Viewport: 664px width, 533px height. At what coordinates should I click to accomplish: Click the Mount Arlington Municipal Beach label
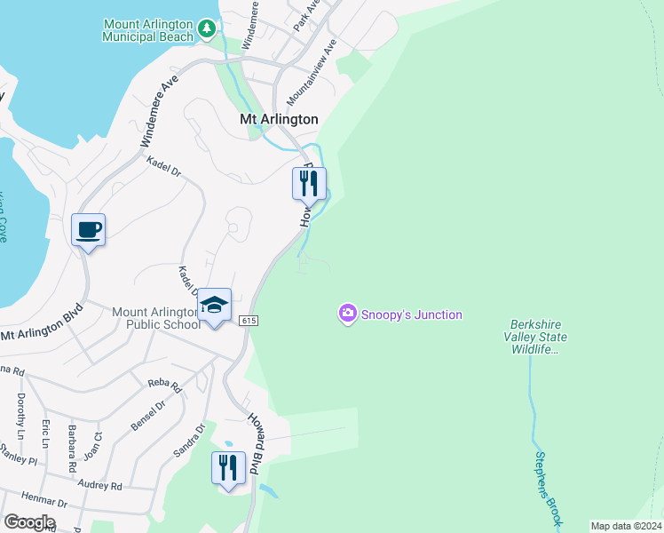pos(147,30)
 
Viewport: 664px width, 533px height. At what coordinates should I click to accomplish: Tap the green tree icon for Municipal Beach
pos(208,29)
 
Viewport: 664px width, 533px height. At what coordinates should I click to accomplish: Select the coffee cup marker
pos(89,230)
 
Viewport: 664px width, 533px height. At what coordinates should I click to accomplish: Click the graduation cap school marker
pos(214,306)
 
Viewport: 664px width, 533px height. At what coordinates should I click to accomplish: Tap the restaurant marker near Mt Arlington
pos(309,184)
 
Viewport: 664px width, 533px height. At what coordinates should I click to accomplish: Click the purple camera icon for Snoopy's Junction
pos(347,314)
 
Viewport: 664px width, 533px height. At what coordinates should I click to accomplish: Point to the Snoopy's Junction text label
pos(412,314)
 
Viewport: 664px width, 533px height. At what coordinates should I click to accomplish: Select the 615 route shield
pos(248,320)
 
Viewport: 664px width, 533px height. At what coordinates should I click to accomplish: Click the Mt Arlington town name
pos(279,119)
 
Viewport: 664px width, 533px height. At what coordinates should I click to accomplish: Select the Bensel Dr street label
pos(147,416)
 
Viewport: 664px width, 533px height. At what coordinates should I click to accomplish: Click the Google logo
pos(29,522)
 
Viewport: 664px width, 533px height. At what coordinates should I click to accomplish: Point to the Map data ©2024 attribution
pos(626,526)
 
